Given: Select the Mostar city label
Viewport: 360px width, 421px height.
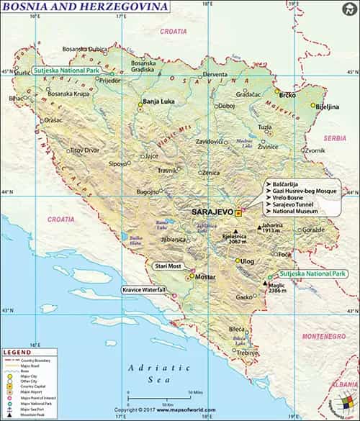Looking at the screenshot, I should click(x=205, y=277).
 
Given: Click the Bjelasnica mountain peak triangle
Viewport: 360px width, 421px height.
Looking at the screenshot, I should click(x=235, y=230).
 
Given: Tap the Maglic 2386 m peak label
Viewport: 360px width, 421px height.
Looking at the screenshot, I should click(x=278, y=289).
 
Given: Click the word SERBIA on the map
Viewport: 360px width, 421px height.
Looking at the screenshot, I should click(x=335, y=137).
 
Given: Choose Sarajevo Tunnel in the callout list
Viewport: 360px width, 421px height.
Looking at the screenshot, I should click(x=293, y=204).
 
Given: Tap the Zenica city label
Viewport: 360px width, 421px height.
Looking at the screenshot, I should click(x=211, y=173).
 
